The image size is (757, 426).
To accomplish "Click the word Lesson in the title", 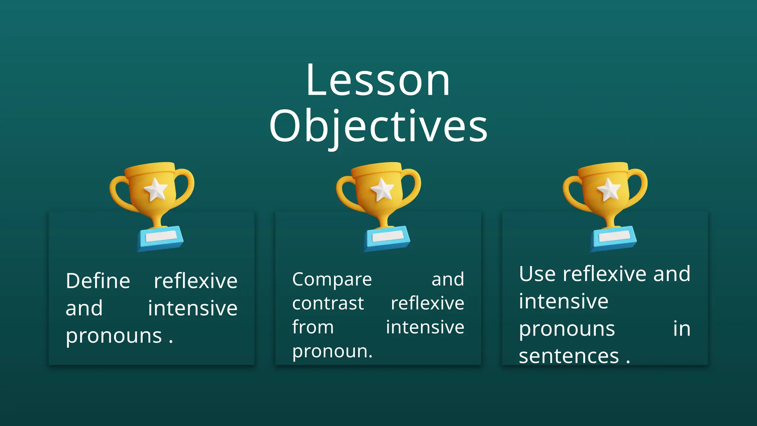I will (378, 81).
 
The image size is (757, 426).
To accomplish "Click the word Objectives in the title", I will (378, 127).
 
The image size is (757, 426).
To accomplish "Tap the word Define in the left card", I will (98, 281).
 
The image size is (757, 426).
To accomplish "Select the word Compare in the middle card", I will (332, 279).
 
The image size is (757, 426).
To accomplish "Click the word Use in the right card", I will (537, 274).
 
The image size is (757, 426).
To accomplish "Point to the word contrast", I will (328, 304).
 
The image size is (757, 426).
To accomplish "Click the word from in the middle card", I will (313, 327).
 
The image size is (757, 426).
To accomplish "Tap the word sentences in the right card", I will (568, 356).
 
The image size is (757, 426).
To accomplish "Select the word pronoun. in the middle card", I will (332, 351).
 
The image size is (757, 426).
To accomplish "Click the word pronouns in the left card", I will (114, 336).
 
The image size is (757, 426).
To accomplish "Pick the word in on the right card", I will (682, 329).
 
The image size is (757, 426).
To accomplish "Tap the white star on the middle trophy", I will (382, 189).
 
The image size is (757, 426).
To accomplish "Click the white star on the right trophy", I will (609, 189).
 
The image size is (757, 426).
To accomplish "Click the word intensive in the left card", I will (193, 308).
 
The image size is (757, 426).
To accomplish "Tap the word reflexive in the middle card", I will (427, 304).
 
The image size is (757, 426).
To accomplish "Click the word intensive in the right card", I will (563, 301).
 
